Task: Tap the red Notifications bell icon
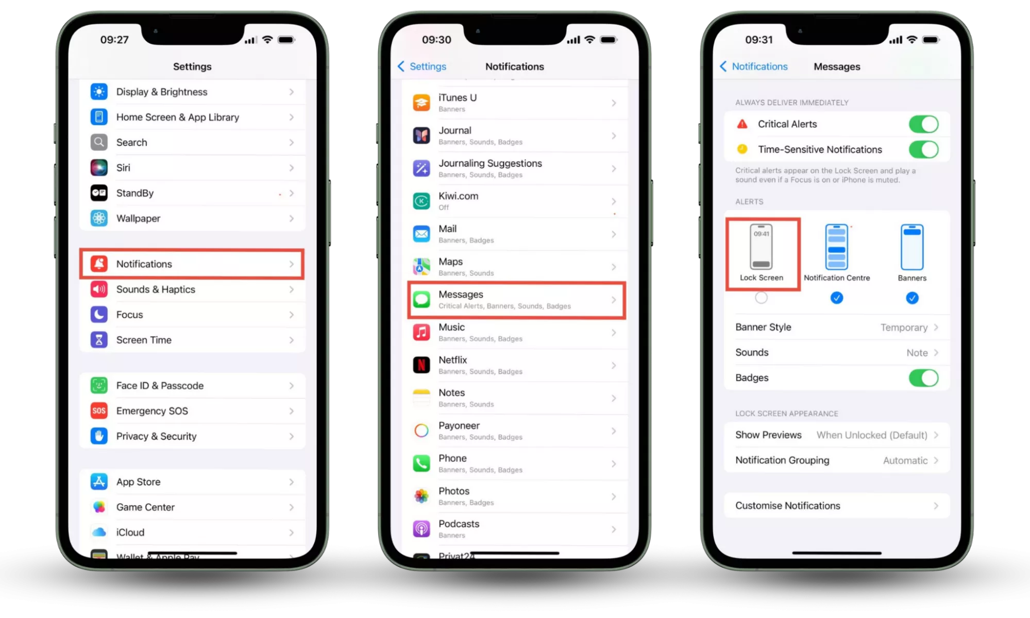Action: pos(99,264)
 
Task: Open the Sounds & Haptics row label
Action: pos(156,289)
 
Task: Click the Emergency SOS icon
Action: pos(99,411)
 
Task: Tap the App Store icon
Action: pos(99,482)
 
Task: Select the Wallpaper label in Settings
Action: pos(138,218)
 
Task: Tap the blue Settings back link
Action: pos(422,66)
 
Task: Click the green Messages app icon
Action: pos(421,300)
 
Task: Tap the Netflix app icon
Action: pos(421,365)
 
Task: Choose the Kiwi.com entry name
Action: pos(458,196)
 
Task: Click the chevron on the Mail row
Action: pos(614,234)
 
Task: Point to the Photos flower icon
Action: pos(421,496)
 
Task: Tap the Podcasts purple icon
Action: pos(421,529)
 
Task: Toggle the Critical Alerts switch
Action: pos(923,124)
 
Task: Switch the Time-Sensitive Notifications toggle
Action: pos(923,150)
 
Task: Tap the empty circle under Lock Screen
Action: pos(761,298)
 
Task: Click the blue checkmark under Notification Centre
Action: pos(837,298)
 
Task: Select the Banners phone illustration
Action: pos(912,247)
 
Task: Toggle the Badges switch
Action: pos(923,378)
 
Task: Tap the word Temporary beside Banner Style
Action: pos(904,328)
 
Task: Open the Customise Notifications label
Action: pos(787,506)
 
